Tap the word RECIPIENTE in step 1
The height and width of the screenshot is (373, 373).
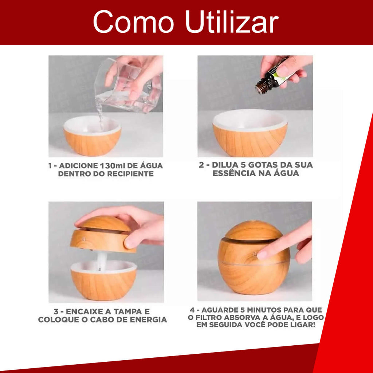pos(130,174)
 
